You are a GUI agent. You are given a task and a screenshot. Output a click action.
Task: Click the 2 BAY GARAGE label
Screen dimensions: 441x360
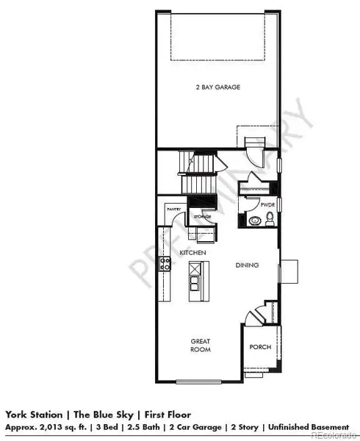(x=219, y=87)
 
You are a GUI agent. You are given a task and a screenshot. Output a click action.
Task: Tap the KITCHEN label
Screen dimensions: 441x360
(x=191, y=252)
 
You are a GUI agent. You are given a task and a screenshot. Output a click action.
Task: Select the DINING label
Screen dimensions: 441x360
(x=245, y=265)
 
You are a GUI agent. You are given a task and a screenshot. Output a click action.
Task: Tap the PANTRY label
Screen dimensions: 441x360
(x=173, y=209)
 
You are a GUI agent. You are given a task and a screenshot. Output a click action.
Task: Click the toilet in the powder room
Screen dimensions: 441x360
(x=269, y=218)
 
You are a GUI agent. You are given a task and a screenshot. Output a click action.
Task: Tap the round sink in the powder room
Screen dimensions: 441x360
(x=254, y=220)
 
